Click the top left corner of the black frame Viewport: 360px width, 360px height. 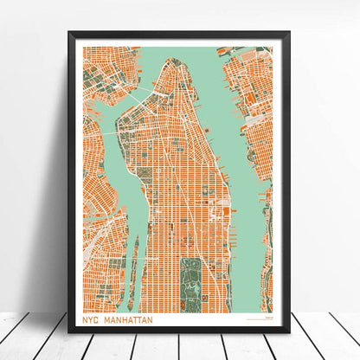pyautogui.click(x=71, y=34)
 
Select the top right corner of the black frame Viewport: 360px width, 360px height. pyautogui.click(x=289, y=34)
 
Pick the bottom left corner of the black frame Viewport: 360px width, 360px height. pyautogui.click(x=71, y=330)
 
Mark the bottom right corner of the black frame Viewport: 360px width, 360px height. pyautogui.click(x=289, y=330)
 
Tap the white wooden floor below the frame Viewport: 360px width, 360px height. pyautogui.click(x=180, y=346)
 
